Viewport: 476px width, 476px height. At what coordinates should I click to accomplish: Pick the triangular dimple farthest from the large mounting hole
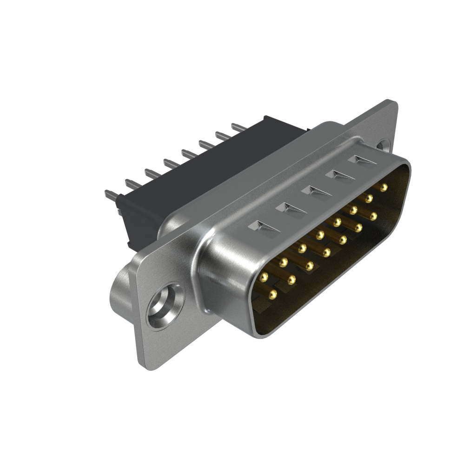click(x=362, y=160)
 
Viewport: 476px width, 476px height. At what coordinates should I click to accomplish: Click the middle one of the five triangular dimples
click(x=316, y=191)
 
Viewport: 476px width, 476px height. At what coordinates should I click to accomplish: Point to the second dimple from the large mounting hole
click(x=291, y=208)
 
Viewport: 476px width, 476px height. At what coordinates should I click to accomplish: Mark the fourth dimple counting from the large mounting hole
click(x=340, y=175)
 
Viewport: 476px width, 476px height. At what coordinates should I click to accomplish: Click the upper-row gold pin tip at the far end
click(x=383, y=188)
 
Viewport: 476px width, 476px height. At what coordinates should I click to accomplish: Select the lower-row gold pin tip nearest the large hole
click(x=272, y=294)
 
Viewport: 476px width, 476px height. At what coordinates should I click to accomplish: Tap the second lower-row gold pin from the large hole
click(x=292, y=279)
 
